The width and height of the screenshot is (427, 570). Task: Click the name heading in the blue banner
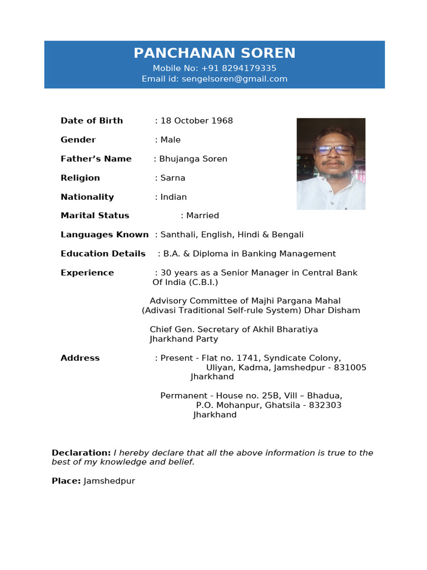(214, 53)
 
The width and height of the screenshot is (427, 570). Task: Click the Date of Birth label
(92, 121)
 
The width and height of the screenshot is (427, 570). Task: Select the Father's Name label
(96, 159)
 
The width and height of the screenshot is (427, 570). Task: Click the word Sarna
(173, 178)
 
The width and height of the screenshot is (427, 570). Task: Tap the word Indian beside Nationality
(173, 197)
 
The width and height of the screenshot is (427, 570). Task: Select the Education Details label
(103, 254)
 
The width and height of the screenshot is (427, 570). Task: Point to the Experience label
(87, 273)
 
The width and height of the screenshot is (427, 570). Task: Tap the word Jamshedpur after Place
(109, 481)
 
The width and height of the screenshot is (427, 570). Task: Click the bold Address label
(80, 358)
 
